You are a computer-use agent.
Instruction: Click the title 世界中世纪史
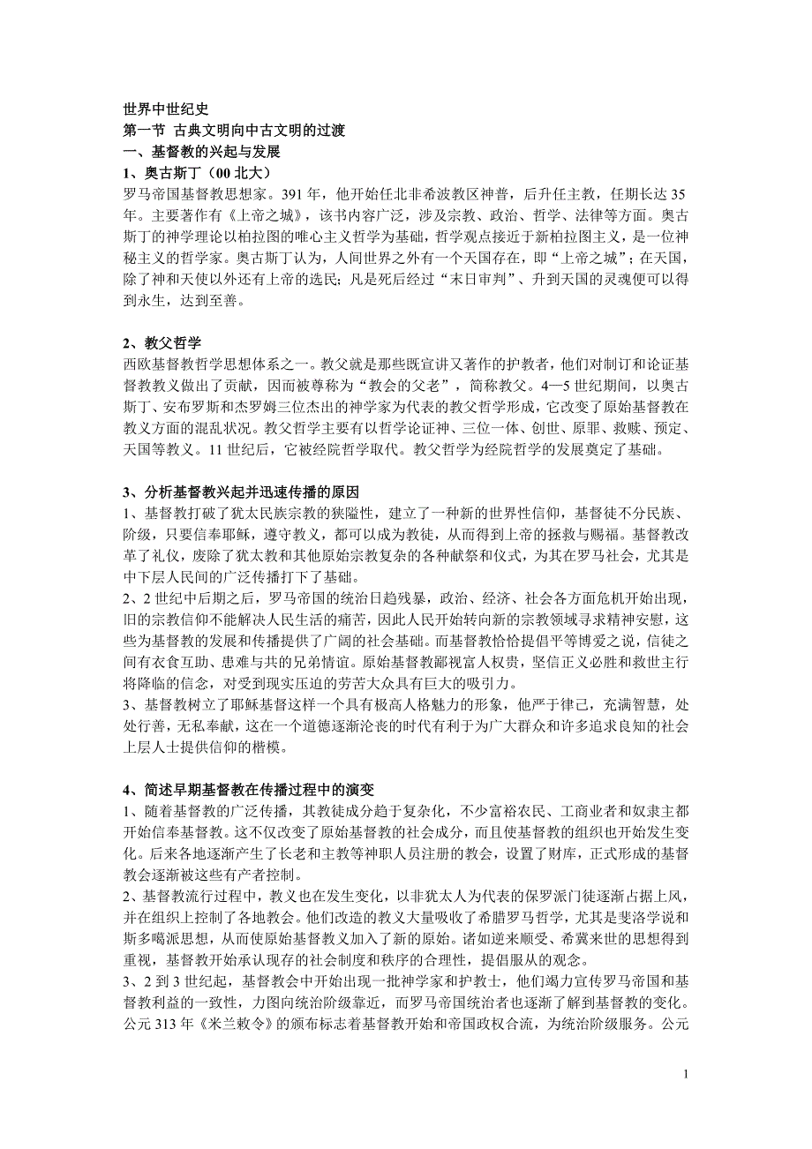click(x=166, y=109)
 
